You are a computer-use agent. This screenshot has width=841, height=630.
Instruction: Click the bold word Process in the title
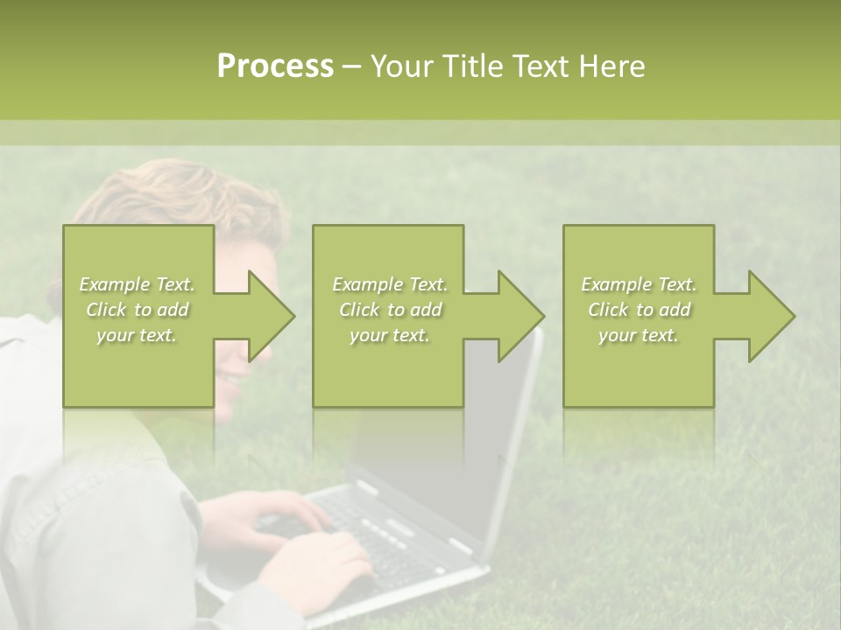[x=275, y=66]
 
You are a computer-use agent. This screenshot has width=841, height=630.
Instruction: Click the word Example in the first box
[x=114, y=284]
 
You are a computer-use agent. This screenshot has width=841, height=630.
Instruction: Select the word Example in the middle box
[x=367, y=284]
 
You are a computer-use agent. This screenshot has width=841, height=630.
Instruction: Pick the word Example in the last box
[x=616, y=284]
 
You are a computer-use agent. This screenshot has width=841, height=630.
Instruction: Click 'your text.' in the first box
[x=137, y=335]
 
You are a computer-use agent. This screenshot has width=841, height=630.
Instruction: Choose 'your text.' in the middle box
[x=389, y=335]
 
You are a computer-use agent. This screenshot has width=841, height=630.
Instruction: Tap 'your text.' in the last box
[x=638, y=335]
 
